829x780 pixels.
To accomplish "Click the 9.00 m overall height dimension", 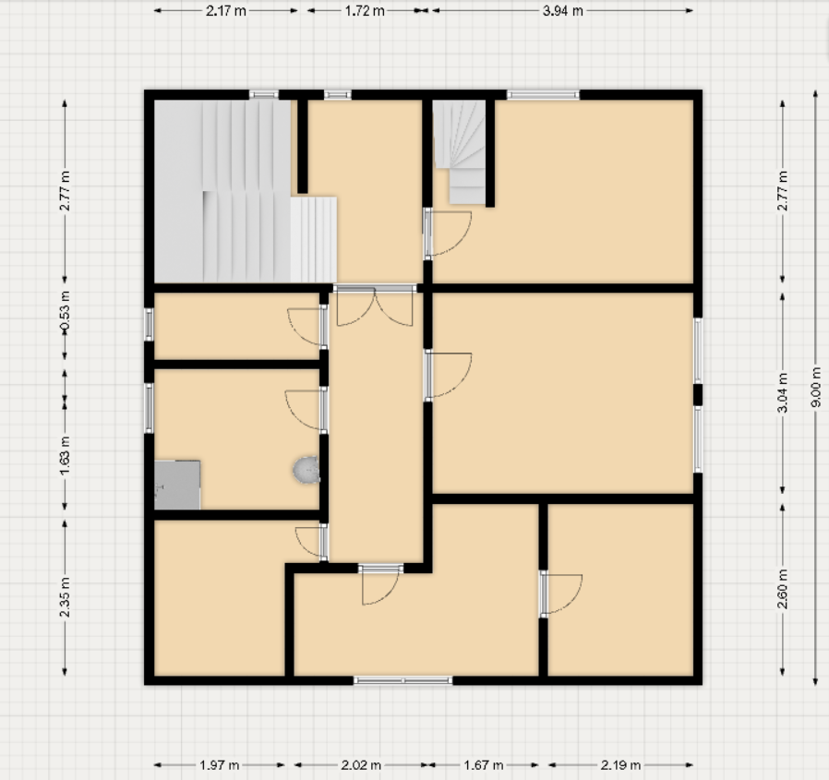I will pyautogui.click(x=815, y=389).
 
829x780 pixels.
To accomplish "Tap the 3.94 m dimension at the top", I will pyautogui.click(x=562, y=11).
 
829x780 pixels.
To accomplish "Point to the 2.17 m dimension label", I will pyautogui.click(x=225, y=11).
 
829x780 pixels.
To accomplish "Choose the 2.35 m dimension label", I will pyautogui.click(x=65, y=600).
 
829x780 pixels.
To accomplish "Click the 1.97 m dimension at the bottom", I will pyautogui.click(x=220, y=765).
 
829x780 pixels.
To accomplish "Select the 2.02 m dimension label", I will pyautogui.click(x=361, y=765).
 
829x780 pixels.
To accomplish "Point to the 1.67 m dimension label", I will pyautogui.click(x=484, y=765).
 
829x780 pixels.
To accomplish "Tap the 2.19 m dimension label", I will pyautogui.click(x=619, y=765).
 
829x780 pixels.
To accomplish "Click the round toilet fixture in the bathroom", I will pyautogui.click(x=306, y=472).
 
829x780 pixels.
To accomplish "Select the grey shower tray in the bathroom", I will pyautogui.click(x=177, y=485).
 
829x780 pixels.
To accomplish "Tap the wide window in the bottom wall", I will pyautogui.click(x=403, y=681).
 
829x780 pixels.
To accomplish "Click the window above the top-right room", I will pyautogui.click(x=543, y=94).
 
